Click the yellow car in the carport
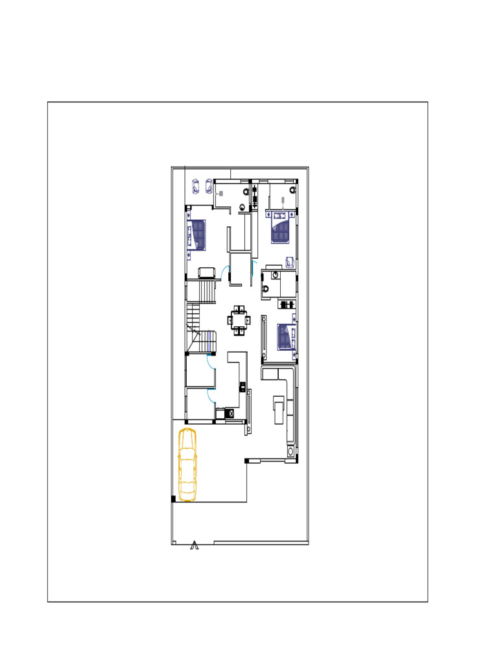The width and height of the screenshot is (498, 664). pos(187,464)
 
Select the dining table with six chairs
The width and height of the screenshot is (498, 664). pos(239,320)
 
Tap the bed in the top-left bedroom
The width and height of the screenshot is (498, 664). pos(196,234)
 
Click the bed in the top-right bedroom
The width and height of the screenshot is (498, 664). pos(281,231)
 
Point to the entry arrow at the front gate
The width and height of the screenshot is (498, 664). pos(194,546)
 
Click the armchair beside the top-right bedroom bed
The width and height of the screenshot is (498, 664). pos(289,263)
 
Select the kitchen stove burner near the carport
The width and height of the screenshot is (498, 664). pos(229,412)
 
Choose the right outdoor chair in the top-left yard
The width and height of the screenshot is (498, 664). pos(209,186)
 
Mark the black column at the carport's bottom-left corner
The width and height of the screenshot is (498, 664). pos(173,499)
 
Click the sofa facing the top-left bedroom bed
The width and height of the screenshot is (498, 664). pos(207,272)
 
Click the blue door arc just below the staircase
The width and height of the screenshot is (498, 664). pos(211,362)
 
